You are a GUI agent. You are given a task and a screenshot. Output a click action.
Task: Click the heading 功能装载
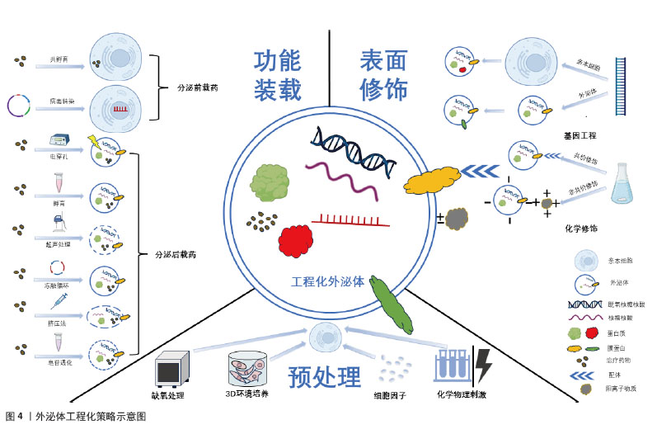pos(277,75)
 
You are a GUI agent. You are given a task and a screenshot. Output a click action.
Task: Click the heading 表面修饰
pos(383,75)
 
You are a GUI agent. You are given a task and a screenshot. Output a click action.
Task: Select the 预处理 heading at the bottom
pos(324,377)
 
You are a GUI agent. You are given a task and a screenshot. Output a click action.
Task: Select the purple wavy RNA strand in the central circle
pos(342,182)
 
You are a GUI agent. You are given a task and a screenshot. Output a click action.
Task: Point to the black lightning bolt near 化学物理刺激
pos(482,364)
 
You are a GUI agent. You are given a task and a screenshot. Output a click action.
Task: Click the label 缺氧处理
pos(167,395)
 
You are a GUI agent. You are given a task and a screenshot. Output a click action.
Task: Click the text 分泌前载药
pos(198,85)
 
